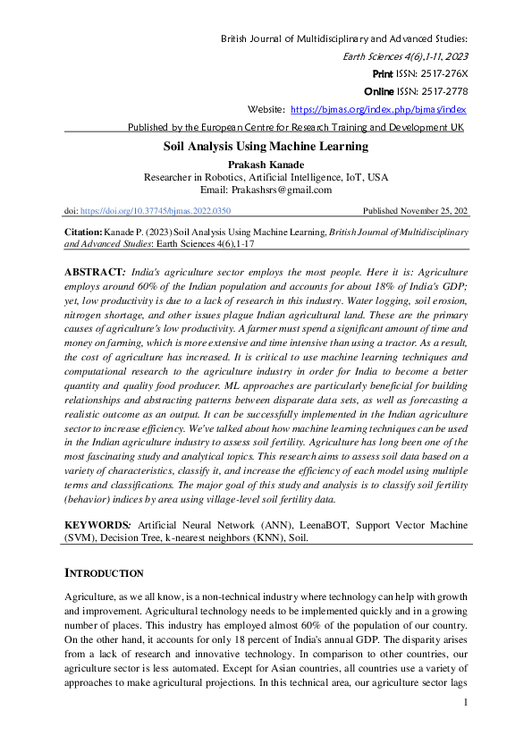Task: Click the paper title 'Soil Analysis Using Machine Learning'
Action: (x=266, y=146)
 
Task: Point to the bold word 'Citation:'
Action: (x=85, y=232)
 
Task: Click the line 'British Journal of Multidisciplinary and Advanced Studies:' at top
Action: (x=343, y=38)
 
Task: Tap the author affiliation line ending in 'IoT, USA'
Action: (x=266, y=177)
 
